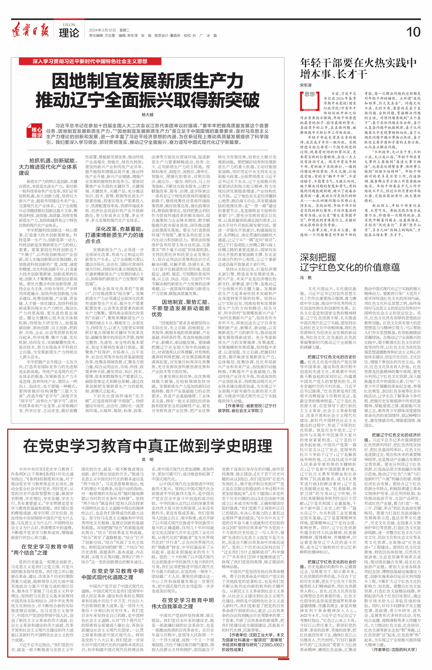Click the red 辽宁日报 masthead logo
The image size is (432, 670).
pos(30,30)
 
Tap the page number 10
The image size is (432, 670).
pos(413,32)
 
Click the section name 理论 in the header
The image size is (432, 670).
pos(69,33)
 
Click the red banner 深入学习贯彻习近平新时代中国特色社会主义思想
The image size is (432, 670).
pos(90,61)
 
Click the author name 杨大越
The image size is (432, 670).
pos(148,115)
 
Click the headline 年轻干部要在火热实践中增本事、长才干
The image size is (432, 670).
pos(358,68)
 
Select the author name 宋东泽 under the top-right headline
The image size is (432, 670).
pos(306,85)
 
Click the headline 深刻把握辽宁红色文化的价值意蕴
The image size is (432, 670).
pos(350,262)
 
